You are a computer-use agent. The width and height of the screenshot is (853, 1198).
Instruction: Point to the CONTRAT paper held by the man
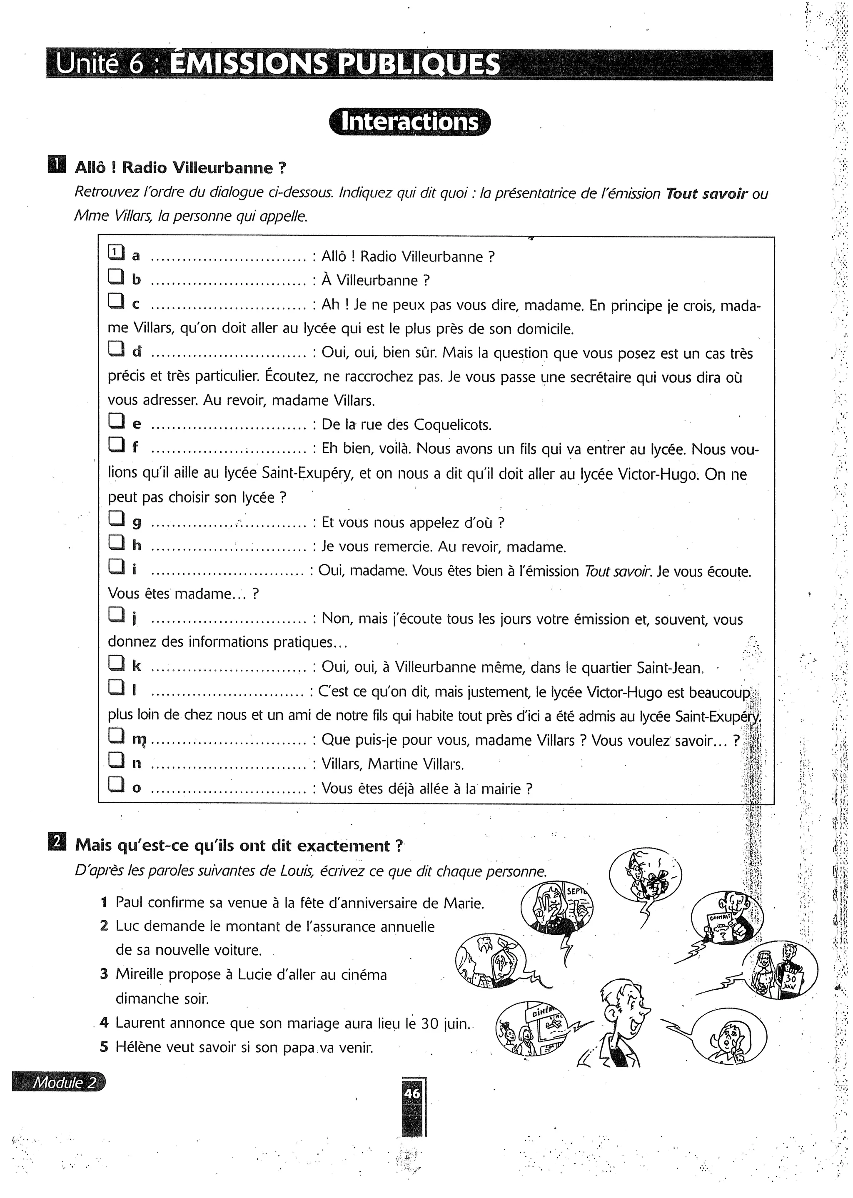(720, 924)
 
